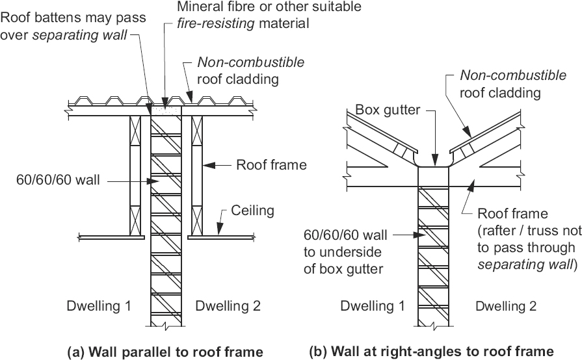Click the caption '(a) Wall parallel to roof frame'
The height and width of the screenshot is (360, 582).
pos(165,352)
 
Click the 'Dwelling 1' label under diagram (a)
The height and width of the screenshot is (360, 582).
pos(100,305)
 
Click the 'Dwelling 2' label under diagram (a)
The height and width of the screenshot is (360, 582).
pos(228,305)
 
